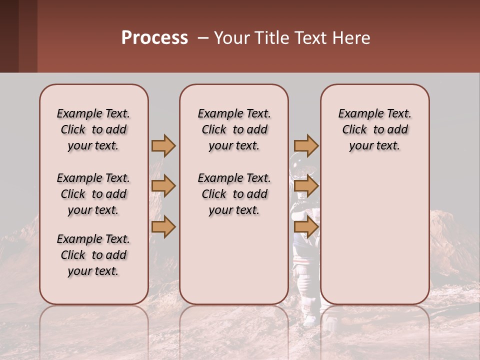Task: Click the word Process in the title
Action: pyautogui.click(x=154, y=38)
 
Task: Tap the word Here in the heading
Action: pyautogui.click(x=350, y=38)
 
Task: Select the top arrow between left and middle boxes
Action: pyautogui.click(x=163, y=146)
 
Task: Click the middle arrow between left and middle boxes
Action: pyautogui.click(x=163, y=186)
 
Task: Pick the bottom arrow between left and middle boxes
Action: pyautogui.click(x=163, y=227)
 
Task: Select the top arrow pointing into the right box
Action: pyautogui.click(x=306, y=146)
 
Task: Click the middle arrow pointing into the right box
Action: pyautogui.click(x=306, y=186)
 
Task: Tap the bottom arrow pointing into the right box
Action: pyautogui.click(x=306, y=227)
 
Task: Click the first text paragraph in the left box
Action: pyautogui.click(x=93, y=129)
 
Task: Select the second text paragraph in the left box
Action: pyautogui.click(x=93, y=194)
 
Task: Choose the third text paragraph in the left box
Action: pyautogui.click(x=93, y=255)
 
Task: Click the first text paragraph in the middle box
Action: pyautogui.click(x=234, y=129)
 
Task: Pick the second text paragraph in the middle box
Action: pyautogui.click(x=234, y=194)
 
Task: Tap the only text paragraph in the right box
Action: pyautogui.click(x=374, y=129)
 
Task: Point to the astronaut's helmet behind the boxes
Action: pyautogui.click(x=298, y=165)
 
